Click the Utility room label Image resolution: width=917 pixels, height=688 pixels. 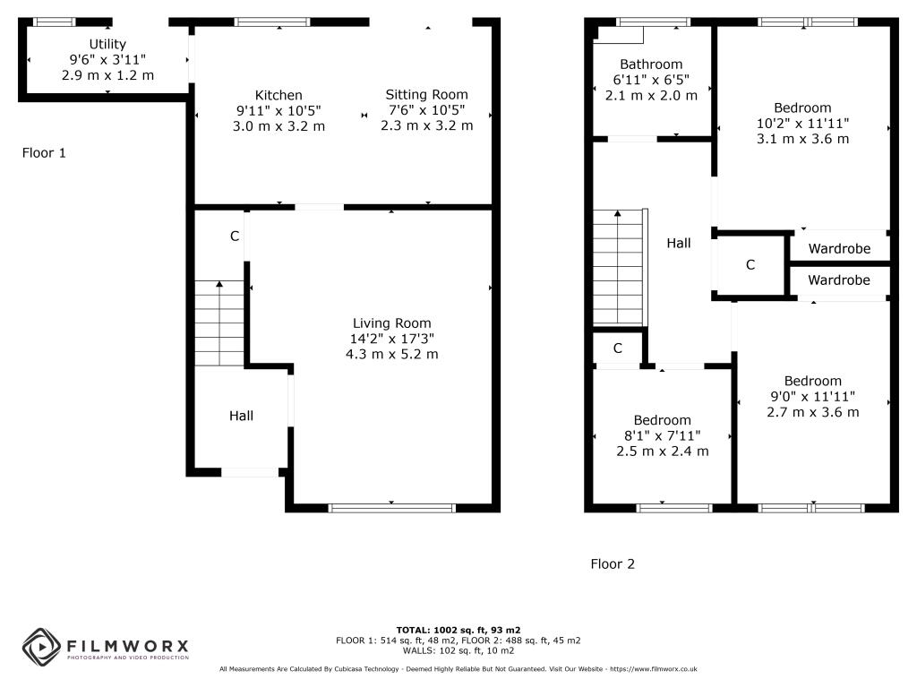coord(107,44)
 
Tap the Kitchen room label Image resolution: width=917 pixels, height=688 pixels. coord(279,95)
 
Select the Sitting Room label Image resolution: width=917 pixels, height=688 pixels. coord(426,94)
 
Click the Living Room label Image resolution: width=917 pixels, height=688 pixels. coord(391,323)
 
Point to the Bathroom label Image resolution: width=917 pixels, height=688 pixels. coord(651,64)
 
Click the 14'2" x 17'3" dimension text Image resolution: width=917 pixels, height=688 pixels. coord(391,339)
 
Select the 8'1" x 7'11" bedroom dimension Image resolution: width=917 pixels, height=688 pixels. coord(662,435)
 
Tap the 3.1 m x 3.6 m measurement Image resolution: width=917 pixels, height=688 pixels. coord(803,139)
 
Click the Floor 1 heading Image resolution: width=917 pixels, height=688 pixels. coord(44,153)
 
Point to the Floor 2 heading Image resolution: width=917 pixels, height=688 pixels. coord(613,564)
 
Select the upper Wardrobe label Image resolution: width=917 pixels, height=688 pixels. coord(839,248)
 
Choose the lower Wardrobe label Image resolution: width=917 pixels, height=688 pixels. coord(839,280)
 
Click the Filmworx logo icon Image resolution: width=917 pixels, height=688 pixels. coord(40,646)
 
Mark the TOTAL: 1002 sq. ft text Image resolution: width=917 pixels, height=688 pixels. coord(458,630)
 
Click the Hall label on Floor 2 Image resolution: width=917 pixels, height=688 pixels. coord(679,243)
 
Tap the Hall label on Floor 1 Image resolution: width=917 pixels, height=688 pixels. coord(241,416)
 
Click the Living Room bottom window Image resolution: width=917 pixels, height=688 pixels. coord(392,508)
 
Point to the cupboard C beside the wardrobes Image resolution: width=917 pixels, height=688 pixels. coord(750,265)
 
